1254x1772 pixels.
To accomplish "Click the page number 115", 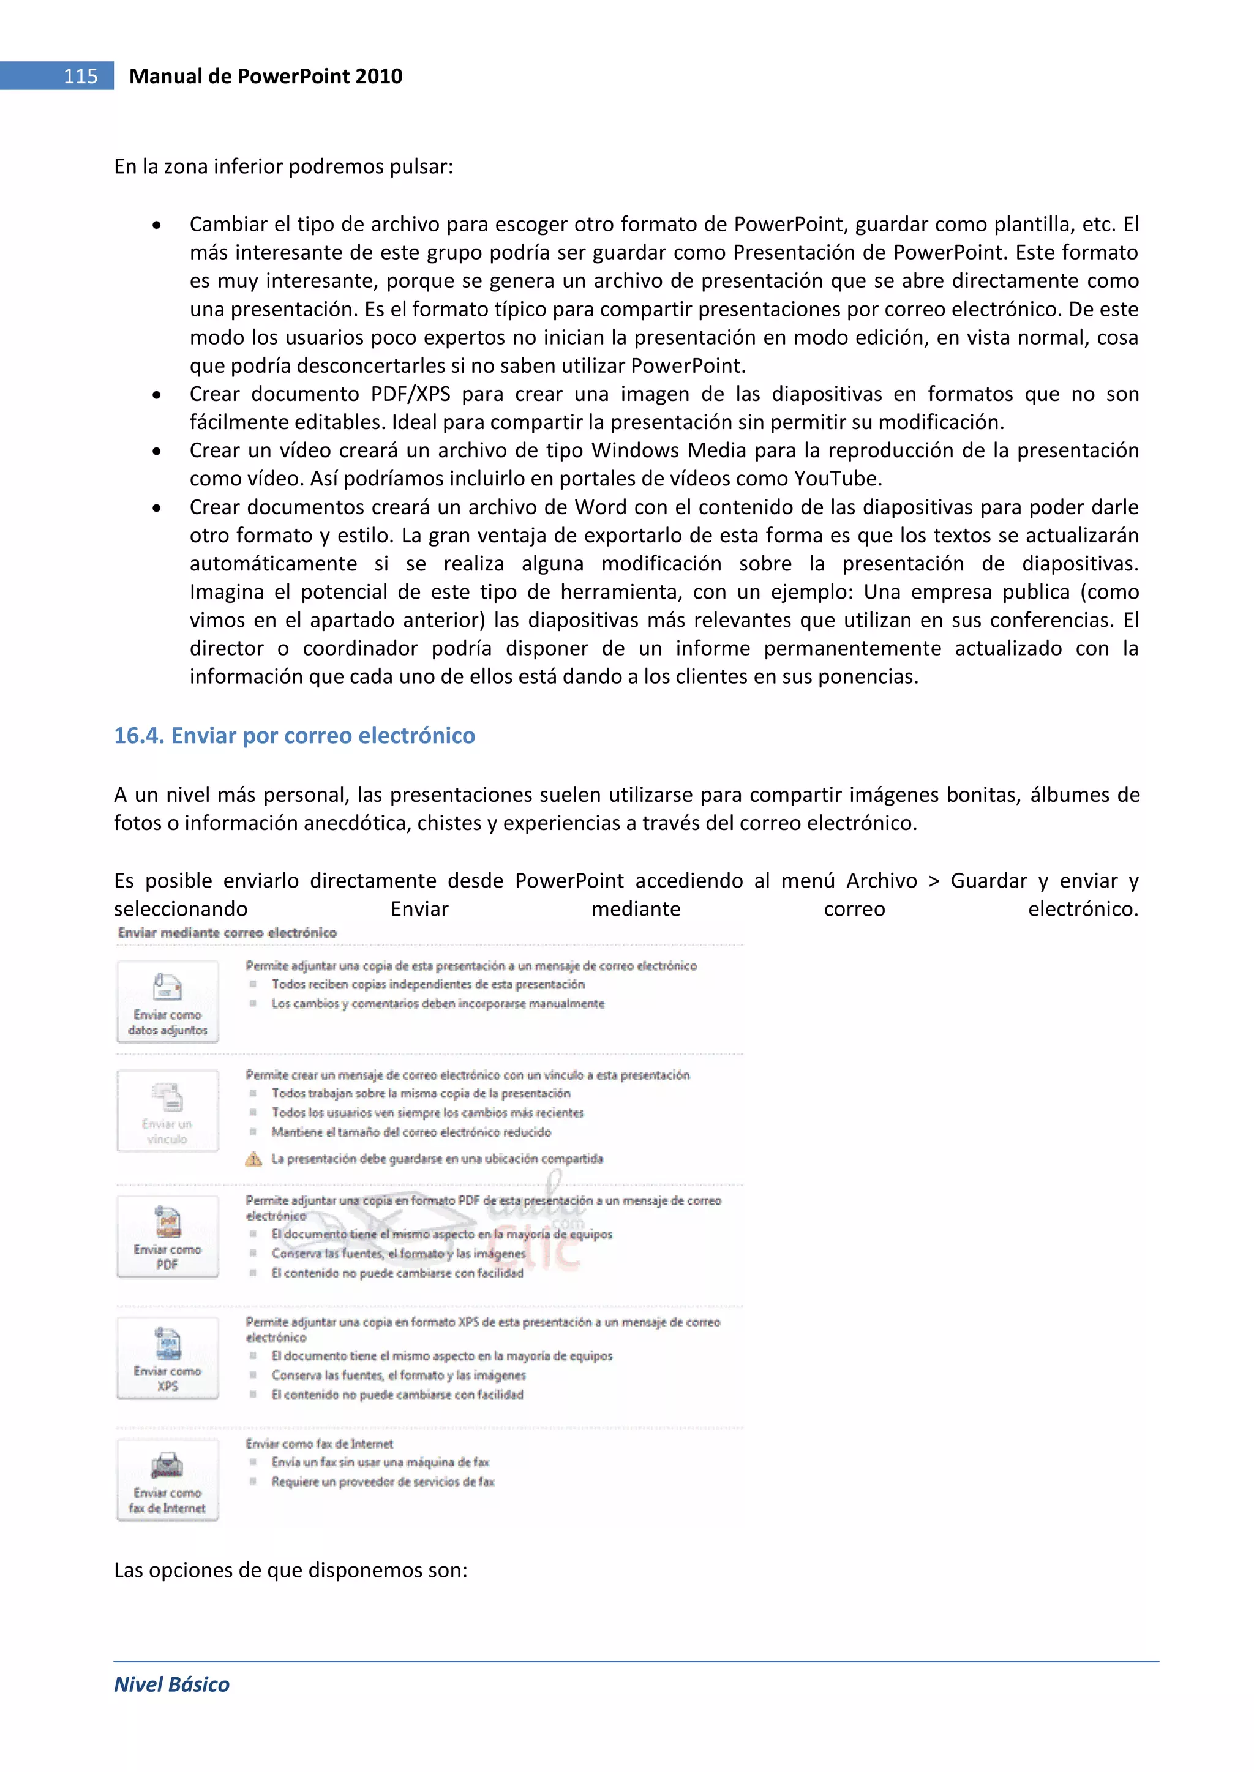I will click(x=80, y=76).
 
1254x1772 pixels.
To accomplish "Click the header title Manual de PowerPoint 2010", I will click(x=265, y=76).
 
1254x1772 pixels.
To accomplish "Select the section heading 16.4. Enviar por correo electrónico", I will click(x=294, y=736).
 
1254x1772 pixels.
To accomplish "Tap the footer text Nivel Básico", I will click(x=171, y=1684).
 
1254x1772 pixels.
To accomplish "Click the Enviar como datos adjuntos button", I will click(x=168, y=1001).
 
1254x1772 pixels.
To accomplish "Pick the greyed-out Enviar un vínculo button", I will click(x=168, y=1110).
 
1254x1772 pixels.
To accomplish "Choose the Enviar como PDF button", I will click(x=168, y=1236).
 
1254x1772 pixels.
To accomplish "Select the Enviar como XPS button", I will click(x=168, y=1358).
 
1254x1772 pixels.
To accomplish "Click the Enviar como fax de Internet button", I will click(x=168, y=1479).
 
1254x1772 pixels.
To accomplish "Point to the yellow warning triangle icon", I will click(x=253, y=1159).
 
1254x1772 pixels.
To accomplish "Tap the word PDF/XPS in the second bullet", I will click(x=410, y=394).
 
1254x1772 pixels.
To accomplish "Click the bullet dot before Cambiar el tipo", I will click(x=157, y=225).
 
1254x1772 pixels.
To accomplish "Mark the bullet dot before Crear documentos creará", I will click(x=157, y=508).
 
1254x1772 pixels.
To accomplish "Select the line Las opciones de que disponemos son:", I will click(x=290, y=1570).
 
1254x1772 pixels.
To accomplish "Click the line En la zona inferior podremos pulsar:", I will click(x=283, y=166).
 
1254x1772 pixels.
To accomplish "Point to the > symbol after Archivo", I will click(x=934, y=881).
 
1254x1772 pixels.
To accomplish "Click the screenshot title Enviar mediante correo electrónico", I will click(x=227, y=932).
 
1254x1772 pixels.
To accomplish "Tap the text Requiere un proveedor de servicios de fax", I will click(x=382, y=1481).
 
